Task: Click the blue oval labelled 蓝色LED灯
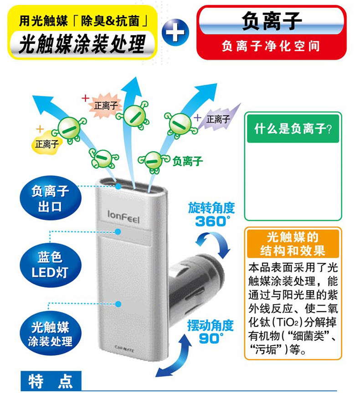pos(50,265)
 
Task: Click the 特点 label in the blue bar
pos(50,381)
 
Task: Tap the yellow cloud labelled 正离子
pos(45,143)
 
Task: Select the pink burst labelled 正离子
pos(106,105)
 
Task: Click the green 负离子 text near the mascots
pos(187,160)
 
